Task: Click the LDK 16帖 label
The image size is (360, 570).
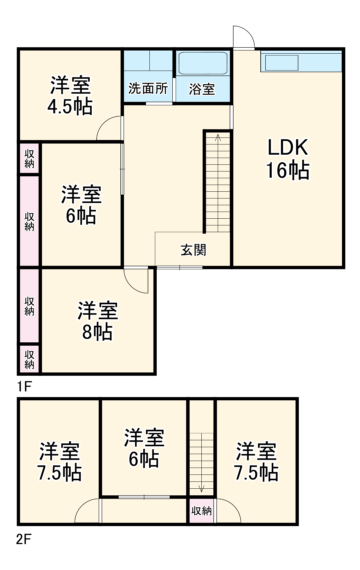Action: (x=288, y=159)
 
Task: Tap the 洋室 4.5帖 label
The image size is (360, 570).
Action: (x=70, y=96)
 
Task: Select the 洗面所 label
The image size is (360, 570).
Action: (x=148, y=89)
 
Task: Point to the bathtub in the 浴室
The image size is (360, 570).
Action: (x=203, y=63)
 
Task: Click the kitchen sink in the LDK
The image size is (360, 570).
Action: (x=281, y=63)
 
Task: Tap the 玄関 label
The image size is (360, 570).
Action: (x=193, y=250)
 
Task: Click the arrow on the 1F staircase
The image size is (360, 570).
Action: (x=218, y=137)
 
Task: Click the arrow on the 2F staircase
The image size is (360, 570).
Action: (x=201, y=489)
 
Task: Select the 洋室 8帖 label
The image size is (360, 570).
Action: (x=97, y=321)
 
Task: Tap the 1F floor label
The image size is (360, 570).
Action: (x=24, y=387)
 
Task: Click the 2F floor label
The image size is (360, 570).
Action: (x=24, y=539)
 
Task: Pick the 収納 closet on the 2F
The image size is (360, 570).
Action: (x=201, y=511)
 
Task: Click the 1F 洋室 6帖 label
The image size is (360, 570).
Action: (x=81, y=205)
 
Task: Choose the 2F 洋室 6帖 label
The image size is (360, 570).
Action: (x=144, y=448)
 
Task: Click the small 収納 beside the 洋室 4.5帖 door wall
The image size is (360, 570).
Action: (x=29, y=159)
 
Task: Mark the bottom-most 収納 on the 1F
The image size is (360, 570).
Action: (x=29, y=359)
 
